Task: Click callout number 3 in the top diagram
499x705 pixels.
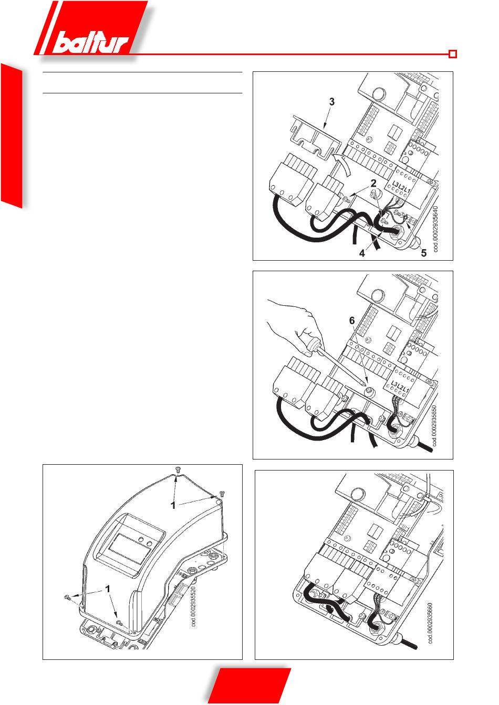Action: (x=331, y=102)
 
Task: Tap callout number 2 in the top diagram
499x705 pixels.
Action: (x=373, y=183)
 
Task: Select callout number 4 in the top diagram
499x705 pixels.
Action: (x=362, y=253)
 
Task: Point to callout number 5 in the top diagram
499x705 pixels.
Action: (x=424, y=253)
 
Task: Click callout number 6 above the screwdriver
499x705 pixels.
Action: (x=352, y=321)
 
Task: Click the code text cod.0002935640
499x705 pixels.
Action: (x=435, y=229)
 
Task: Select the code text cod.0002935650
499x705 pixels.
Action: (x=434, y=425)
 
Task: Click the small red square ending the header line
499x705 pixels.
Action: (x=453, y=54)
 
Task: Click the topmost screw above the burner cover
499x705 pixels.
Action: (x=177, y=469)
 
